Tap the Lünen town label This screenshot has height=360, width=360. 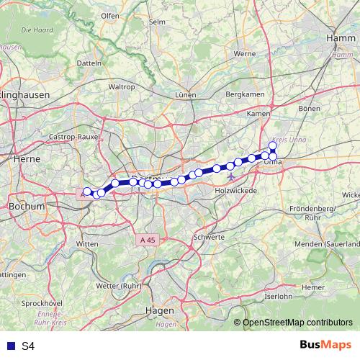point(186,95)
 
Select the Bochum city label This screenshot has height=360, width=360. point(26,206)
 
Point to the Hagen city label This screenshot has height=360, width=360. point(160,310)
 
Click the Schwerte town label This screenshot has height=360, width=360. point(209,236)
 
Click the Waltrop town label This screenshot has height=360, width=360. point(121,86)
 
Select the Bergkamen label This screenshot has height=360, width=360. point(242,94)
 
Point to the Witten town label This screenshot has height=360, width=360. point(87,245)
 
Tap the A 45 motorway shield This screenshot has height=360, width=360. point(148,238)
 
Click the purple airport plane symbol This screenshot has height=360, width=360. point(230,176)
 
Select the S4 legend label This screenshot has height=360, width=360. point(28,346)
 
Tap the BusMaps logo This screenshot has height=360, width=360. point(326,346)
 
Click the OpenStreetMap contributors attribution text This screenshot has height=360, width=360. point(297,323)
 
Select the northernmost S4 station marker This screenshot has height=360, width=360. point(273,145)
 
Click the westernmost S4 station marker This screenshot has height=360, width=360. point(87,192)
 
